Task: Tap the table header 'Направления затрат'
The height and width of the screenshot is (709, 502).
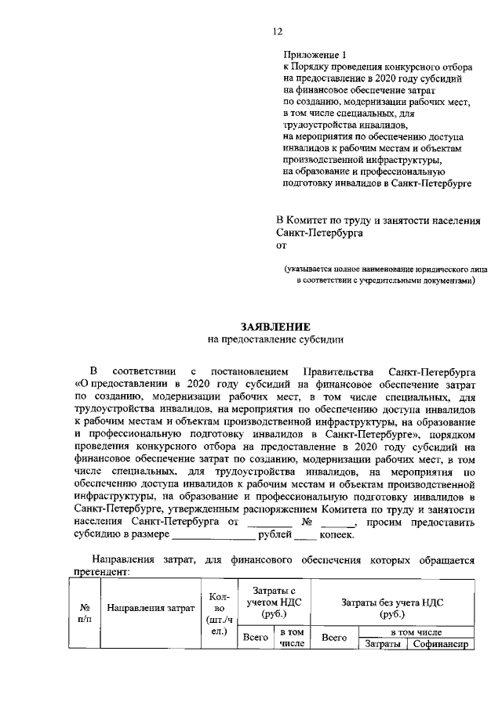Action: coord(150,608)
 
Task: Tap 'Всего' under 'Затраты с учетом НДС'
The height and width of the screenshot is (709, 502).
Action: coord(256,638)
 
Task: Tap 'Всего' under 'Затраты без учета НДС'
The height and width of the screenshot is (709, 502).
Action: coord(335,638)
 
